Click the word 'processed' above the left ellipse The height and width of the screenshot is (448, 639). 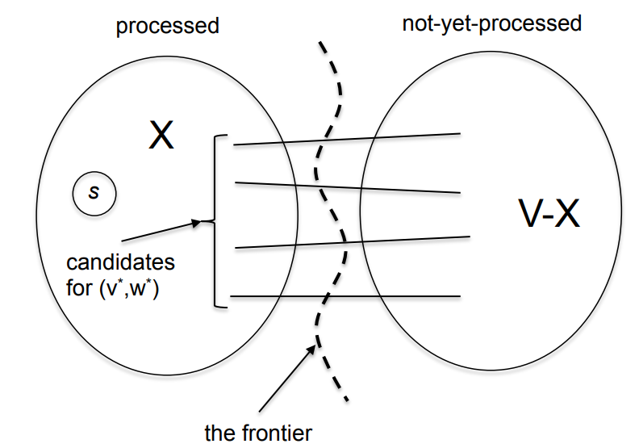[167, 26]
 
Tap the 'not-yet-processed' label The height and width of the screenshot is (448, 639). [491, 23]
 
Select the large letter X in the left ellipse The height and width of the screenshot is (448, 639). [161, 136]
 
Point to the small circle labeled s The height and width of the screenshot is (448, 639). [94, 194]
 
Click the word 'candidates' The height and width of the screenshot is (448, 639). [120, 263]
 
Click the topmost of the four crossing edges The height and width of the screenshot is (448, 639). [347, 140]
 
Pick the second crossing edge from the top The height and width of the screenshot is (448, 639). [347, 187]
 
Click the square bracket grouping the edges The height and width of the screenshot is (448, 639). [215, 222]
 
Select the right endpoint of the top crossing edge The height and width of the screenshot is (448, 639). [460, 133]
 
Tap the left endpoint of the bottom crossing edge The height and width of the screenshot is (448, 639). [231, 297]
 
